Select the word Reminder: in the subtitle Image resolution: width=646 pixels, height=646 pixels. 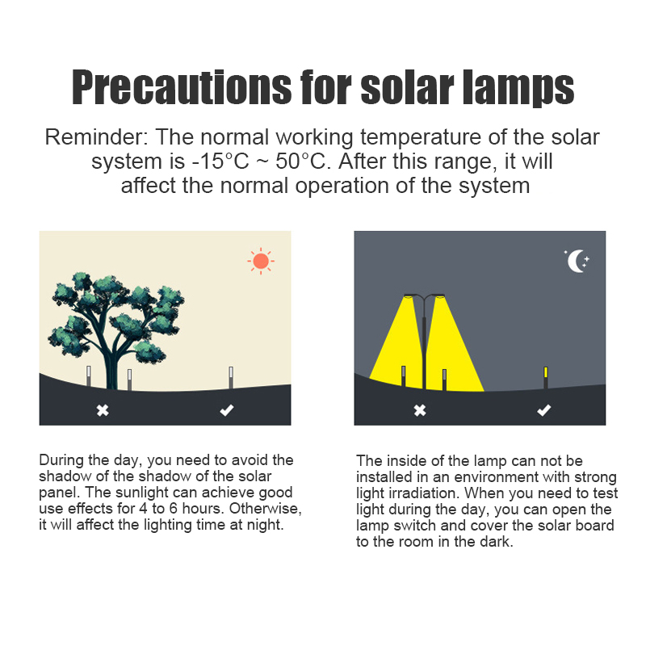click(x=96, y=136)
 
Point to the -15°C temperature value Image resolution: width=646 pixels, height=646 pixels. click(x=220, y=161)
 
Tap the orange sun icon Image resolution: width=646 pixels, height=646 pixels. click(x=261, y=261)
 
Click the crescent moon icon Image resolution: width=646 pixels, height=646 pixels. click(x=577, y=261)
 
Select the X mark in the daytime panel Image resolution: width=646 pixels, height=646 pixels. click(x=103, y=410)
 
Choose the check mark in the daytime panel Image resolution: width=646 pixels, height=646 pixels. click(x=227, y=410)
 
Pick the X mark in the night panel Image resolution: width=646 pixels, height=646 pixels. click(x=420, y=410)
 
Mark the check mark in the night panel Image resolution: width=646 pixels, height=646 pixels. click(x=543, y=410)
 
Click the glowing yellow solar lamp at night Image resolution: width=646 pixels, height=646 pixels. click(x=546, y=377)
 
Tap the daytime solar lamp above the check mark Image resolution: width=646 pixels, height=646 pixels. click(x=231, y=377)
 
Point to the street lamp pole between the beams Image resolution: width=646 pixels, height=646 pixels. click(x=424, y=346)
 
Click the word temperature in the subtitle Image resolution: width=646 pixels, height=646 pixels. click(x=421, y=137)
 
